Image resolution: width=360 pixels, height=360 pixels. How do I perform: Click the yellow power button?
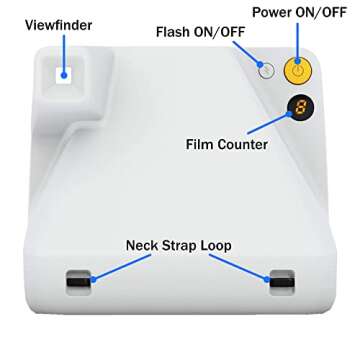(297, 70)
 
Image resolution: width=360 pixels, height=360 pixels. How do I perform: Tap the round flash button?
(266, 70)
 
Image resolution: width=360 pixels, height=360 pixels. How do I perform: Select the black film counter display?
(300, 107)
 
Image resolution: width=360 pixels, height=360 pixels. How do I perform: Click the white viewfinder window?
(64, 75)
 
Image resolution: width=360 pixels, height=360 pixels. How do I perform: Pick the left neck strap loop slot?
(79, 282)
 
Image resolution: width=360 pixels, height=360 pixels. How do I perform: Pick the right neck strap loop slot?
(282, 282)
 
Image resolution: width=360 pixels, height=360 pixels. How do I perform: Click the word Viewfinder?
(58, 25)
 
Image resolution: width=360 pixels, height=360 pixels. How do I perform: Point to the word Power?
(272, 12)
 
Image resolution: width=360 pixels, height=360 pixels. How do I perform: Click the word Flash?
(172, 32)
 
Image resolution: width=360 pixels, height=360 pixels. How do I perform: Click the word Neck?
(142, 245)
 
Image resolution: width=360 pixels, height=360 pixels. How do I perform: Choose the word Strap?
(179, 246)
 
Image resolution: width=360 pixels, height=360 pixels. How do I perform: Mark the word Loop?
(216, 246)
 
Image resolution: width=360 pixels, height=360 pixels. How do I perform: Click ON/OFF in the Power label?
(321, 12)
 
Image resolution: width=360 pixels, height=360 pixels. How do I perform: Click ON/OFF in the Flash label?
(218, 32)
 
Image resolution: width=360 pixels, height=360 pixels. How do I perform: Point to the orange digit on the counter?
(300, 107)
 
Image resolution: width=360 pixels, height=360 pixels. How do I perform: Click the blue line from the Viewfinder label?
(64, 55)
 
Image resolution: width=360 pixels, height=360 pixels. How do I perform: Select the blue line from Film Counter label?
(269, 124)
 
